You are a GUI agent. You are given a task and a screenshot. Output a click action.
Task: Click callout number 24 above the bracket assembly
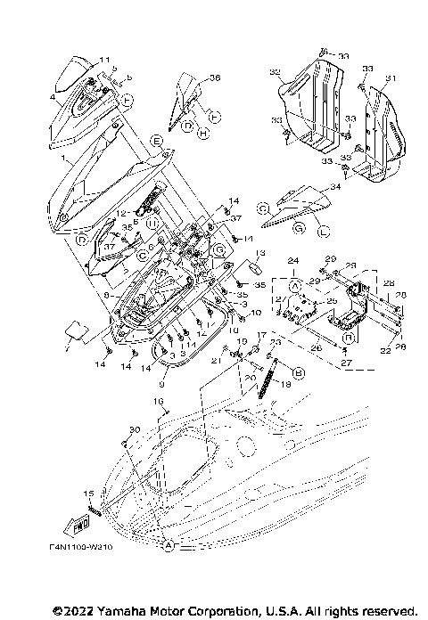point(292,259)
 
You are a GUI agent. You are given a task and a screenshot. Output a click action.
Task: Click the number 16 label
point(161,402)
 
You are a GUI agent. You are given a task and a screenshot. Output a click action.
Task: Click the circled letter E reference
point(156,141)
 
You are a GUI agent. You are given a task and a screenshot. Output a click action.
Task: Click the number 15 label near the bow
point(87,494)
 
